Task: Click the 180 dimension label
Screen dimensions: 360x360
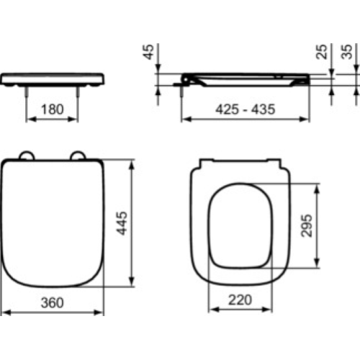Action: click(x=53, y=109)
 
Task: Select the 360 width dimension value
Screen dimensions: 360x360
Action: click(x=53, y=302)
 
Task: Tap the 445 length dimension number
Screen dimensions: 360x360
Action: click(x=122, y=223)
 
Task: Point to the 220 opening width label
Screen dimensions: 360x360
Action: click(x=240, y=300)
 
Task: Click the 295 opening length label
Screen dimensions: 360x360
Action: click(x=307, y=225)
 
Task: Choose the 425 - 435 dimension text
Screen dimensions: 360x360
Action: click(x=245, y=109)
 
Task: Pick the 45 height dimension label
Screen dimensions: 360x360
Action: click(x=148, y=52)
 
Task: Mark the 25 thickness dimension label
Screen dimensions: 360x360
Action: click(x=322, y=52)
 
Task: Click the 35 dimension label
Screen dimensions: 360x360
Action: click(x=347, y=52)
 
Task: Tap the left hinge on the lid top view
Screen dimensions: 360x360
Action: click(x=27, y=156)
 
